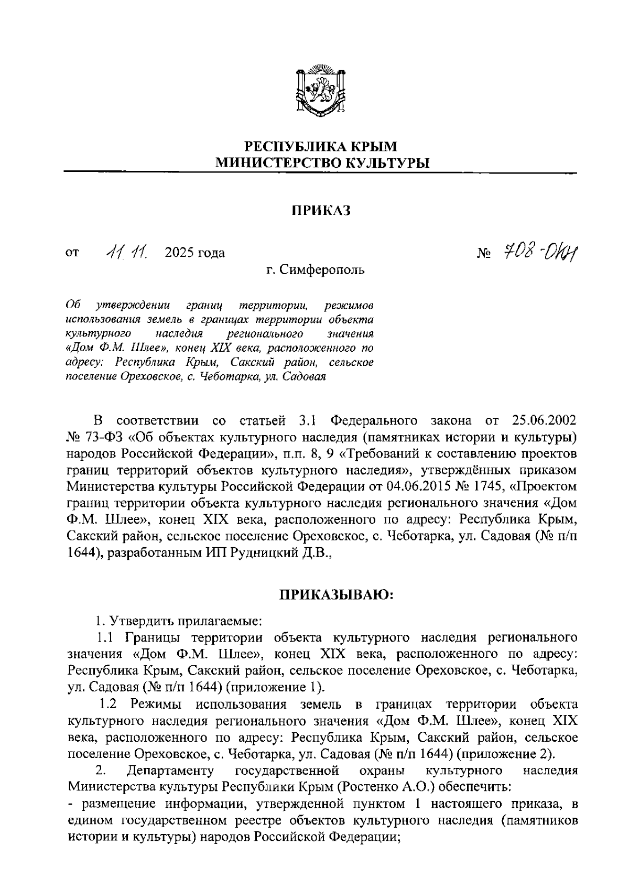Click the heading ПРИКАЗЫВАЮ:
tap(335, 596)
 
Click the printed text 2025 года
tap(195, 253)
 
